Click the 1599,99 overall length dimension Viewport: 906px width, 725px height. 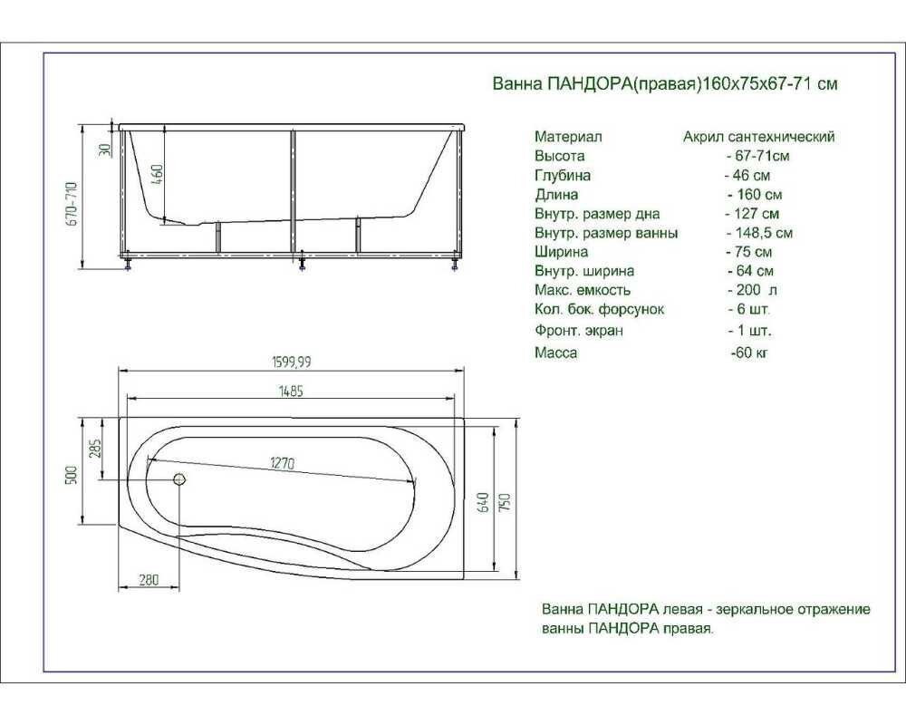point(291,362)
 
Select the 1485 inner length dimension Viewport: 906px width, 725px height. point(291,391)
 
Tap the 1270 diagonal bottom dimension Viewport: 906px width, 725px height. point(283,463)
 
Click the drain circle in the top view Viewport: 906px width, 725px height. point(179,479)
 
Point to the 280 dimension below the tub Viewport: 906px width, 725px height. point(149,579)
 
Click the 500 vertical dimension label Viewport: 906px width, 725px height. point(72,475)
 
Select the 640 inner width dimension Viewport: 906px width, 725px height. point(484,502)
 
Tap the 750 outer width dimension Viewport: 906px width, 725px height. point(505,502)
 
